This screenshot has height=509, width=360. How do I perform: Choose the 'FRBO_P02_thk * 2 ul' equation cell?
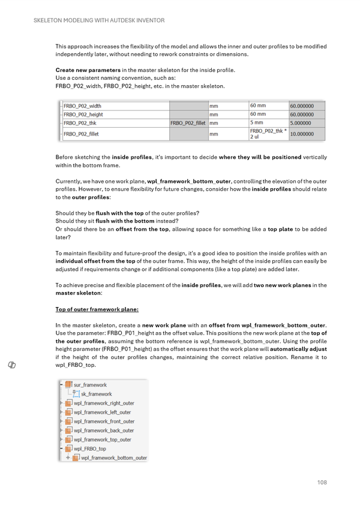(x=268, y=134)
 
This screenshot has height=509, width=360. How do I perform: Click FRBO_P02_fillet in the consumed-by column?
(x=188, y=122)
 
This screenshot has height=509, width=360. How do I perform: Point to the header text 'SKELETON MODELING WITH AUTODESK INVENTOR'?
(x=96, y=20)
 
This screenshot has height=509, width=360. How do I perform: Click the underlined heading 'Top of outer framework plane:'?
(x=97, y=309)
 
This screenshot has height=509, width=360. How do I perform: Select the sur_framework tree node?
(x=90, y=385)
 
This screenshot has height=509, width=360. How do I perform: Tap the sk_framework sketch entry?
(x=96, y=394)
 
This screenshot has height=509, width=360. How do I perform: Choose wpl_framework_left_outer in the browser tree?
(x=103, y=412)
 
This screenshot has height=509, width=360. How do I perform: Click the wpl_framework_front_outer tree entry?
(x=104, y=421)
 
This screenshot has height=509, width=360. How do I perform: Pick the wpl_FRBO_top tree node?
(x=89, y=448)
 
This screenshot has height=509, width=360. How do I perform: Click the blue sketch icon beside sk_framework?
(x=76, y=394)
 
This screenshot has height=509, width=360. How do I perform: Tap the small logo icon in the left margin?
(x=12, y=365)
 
